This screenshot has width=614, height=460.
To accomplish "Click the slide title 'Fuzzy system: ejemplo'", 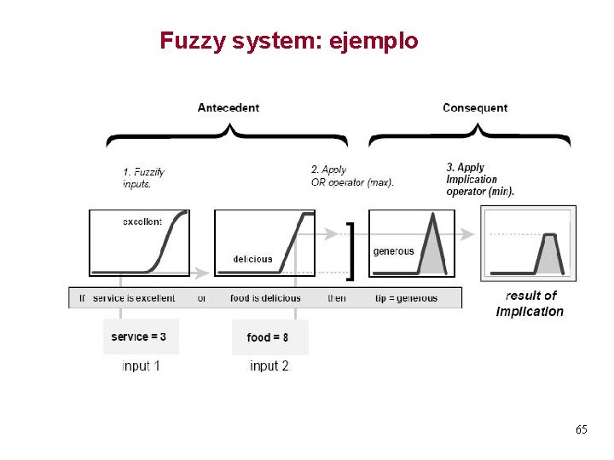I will [289, 40].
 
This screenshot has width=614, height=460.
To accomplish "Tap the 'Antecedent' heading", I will [229, 108].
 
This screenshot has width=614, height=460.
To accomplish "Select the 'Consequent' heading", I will [475, 108].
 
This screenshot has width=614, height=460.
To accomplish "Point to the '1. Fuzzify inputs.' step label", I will [143, 177].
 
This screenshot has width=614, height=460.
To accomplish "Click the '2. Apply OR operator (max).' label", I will [352, 176].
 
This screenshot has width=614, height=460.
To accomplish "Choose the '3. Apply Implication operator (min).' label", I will [480, 180].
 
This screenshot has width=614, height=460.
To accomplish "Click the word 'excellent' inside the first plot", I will [142, 221].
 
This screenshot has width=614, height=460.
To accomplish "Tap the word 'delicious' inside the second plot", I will [252, 259].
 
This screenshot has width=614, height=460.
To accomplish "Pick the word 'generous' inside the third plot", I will [393, 251].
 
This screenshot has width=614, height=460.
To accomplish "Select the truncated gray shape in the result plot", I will [550, 254].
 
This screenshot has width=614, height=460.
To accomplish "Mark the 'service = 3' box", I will [139, 337].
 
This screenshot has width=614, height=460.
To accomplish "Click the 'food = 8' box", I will [268, 337].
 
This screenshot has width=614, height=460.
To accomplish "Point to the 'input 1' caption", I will [141, 366].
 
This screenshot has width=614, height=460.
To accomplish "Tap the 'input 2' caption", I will [269, 366].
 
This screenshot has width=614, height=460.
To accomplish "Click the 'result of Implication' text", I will [530, 303].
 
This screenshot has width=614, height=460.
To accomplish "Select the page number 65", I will [581, 430].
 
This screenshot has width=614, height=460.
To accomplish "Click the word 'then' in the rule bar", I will [337, 298].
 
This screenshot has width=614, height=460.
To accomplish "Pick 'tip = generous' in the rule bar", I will [406, 298].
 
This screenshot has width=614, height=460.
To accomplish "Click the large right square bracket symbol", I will [350, 251].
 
